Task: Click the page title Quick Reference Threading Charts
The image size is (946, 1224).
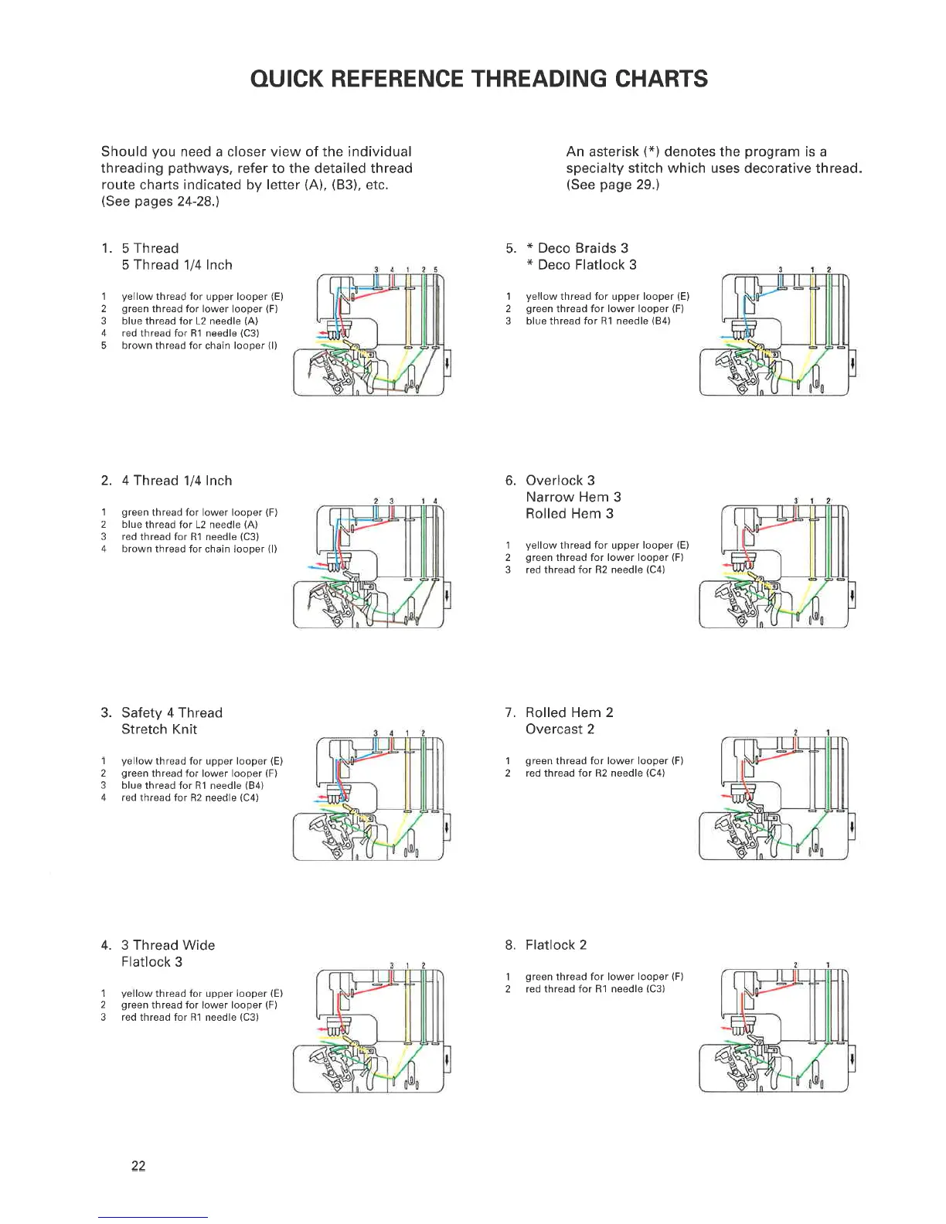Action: tap(479, 79)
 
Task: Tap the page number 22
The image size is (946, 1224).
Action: tap(138, 1166)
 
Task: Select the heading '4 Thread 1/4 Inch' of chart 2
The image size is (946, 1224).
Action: tap(176, 481)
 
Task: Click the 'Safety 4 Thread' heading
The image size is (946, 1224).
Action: tap(172, 712)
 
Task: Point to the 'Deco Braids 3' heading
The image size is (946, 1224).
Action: tap(583, 248)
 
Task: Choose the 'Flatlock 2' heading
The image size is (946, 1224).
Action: tap(556, 945)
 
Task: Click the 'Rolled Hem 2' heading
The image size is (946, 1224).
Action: tap(569, 712)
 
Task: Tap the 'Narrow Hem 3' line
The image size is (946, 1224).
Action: tap(573, 497)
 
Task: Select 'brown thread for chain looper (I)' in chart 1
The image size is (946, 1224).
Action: tap(199, 345)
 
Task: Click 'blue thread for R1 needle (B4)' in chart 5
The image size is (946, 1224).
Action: tap(597, 321)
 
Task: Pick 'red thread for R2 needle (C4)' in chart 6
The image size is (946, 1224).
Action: tap(595, 569)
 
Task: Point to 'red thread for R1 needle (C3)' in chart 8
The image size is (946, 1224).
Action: tap(595, 989)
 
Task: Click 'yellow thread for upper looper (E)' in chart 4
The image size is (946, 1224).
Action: tap(202, 993)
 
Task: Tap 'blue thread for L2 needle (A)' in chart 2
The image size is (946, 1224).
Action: tap(189, 525)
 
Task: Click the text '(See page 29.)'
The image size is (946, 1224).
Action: tap(612, 185)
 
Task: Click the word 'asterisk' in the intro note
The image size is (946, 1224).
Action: tap(617, 151)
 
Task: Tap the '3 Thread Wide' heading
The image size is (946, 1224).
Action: tap(168, 945)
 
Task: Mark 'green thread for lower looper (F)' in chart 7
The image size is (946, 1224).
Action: tap(604, 761)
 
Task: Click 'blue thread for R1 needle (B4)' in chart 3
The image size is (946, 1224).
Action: tap(192, 785)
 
